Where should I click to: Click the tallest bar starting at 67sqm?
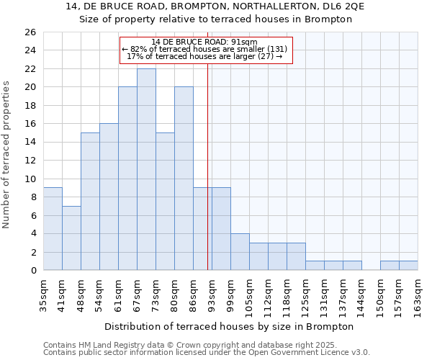146,169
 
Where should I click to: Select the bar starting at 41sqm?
71,238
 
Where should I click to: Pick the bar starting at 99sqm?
240,251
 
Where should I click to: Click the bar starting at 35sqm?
53,229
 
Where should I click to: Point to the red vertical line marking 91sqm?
208,166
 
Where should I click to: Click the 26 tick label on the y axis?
30,32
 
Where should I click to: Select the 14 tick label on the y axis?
30,143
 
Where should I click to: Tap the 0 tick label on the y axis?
33,271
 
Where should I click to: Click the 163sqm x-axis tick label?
418,295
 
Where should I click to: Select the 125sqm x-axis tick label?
305,295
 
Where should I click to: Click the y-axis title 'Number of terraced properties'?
6,155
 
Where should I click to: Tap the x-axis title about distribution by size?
229,326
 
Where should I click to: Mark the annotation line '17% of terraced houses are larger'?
204,56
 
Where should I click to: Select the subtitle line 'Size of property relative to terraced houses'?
216,19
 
